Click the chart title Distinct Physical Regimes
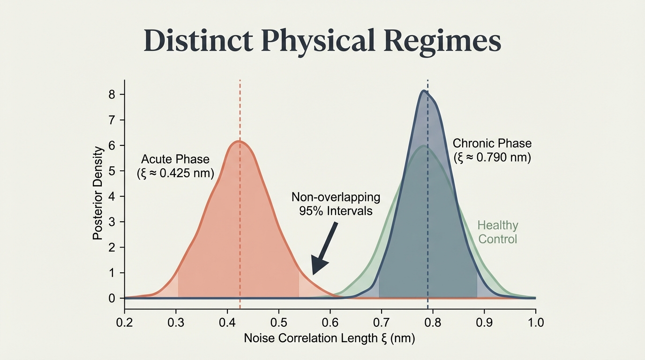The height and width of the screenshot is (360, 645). [322, 42]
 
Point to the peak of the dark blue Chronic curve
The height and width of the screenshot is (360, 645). [424, 91]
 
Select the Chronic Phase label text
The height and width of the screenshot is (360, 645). [492, 143]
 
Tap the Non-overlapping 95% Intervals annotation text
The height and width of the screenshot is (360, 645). [336, 204]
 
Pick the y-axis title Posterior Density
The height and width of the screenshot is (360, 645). [97, 193]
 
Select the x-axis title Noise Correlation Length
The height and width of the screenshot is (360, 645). [330, 338]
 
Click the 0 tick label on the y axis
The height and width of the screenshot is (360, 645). [112, 298]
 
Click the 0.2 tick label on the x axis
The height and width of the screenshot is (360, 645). [125, 322]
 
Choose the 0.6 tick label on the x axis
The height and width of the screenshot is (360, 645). [330, 322]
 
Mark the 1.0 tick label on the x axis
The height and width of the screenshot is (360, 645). [535, 322]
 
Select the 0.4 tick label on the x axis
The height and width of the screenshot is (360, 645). [227, 322]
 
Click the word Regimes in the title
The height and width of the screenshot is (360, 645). [442, 42]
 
